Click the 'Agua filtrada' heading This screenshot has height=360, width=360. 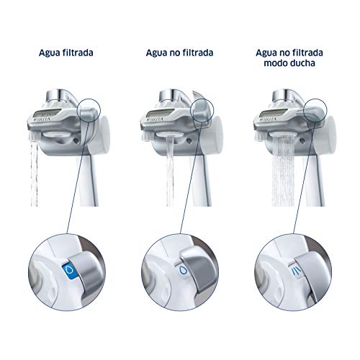pos(66,53)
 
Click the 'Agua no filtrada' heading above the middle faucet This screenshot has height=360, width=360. pos(179,53)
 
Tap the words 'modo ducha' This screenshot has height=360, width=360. pos(289,63)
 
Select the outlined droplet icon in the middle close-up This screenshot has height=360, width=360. pos(183,270)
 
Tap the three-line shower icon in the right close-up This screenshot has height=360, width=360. pos(296,271)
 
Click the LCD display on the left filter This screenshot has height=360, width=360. pos(47,112)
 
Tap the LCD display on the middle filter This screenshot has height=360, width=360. pos(161,112)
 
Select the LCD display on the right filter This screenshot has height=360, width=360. pos(274,112)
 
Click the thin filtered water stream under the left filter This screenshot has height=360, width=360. pos(35,174)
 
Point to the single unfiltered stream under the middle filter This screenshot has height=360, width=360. pos(170,171)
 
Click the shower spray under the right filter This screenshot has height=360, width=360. pos(283,171)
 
